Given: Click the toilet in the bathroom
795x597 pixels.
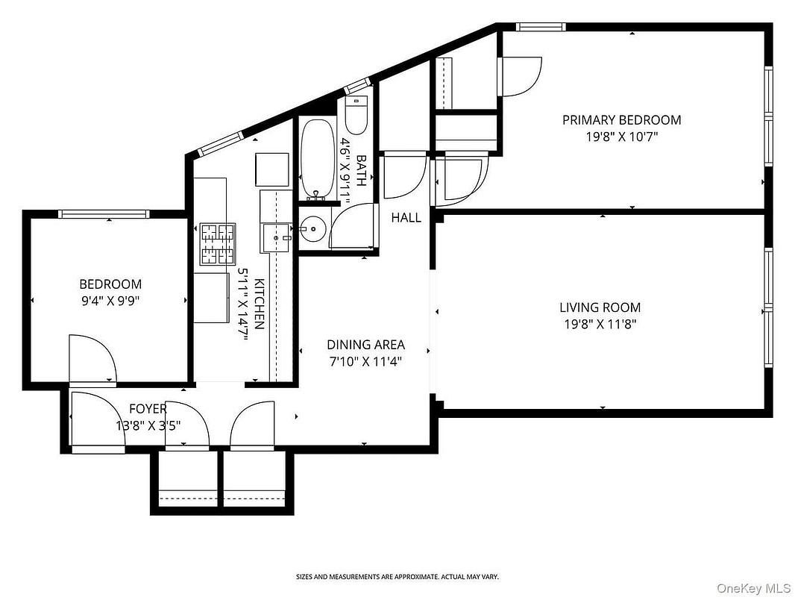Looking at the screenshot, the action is (x=355, y=114).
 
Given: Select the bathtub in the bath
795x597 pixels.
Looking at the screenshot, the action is (x=318, y=158).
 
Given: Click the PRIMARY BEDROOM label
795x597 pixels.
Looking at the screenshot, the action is (x=621, y=120).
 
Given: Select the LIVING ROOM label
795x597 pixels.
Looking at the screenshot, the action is (x=600, y=307).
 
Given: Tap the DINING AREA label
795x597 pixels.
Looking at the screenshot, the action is (x=365, y=345).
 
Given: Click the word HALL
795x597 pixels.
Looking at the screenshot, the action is (x=406, y=218).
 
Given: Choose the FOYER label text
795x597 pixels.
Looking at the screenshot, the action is (x=148, y=409).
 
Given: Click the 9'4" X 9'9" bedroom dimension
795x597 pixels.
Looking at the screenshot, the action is (x=110, y=301).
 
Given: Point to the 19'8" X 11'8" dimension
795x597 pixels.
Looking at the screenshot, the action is (x=600, y=324).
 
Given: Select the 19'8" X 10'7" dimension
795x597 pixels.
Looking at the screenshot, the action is (x=621, y=137).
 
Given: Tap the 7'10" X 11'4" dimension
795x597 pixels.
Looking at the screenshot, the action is (x=365, y=362).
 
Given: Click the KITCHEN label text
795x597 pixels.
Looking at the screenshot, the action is (x=259, y=304).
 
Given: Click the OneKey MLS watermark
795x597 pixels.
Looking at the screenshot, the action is (x=753, y=588).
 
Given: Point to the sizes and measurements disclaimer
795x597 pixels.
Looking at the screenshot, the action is (x=397, y=577).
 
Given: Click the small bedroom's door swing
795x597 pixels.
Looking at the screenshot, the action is (x=92, y=358).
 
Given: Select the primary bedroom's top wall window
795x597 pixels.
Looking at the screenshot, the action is (x=541, y=27).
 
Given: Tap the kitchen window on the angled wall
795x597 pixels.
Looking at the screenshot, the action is (x=221, y=143).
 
